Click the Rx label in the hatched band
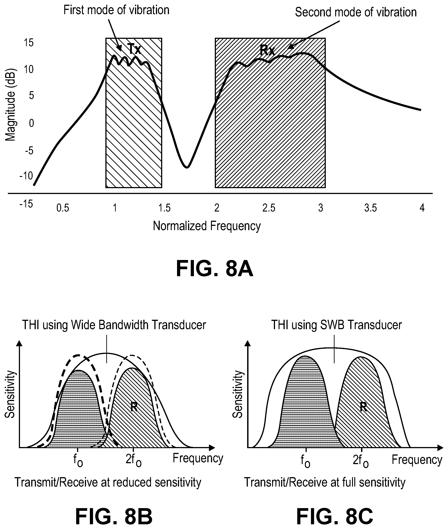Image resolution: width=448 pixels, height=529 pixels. click(267, 51)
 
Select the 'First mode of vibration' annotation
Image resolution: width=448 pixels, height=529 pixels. click(116, 10)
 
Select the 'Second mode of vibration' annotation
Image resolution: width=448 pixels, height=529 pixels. click(356, 12)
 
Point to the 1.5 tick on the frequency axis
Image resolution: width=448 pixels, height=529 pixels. click(164, 208)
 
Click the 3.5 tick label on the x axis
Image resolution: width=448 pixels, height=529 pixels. click(370, 208)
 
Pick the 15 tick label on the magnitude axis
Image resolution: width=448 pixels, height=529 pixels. click(29, 43)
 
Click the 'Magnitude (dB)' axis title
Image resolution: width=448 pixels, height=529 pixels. click(10, 105)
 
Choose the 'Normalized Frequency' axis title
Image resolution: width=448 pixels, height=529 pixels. click(207, 226)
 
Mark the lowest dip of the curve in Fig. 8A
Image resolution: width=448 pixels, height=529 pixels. click(187, 167)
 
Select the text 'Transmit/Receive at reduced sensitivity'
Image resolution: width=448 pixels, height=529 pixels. click(108, 482)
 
